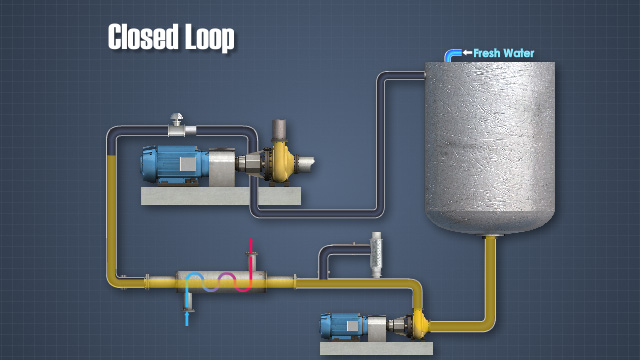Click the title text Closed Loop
point(171,38)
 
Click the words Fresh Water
point(505,53)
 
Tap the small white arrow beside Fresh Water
point(467,53)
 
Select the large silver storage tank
point(489,145)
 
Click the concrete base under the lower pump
point(376,348)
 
